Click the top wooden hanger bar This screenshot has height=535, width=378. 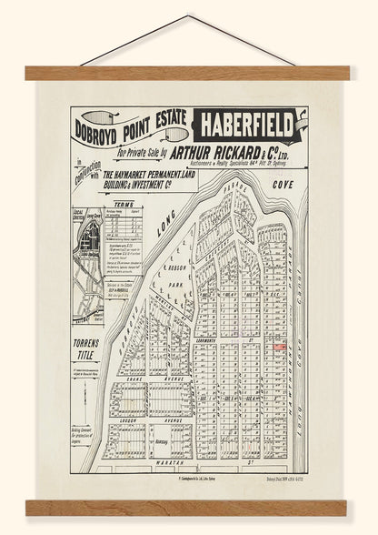click(189, 73)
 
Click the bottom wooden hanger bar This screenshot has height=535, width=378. click(189, 507)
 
